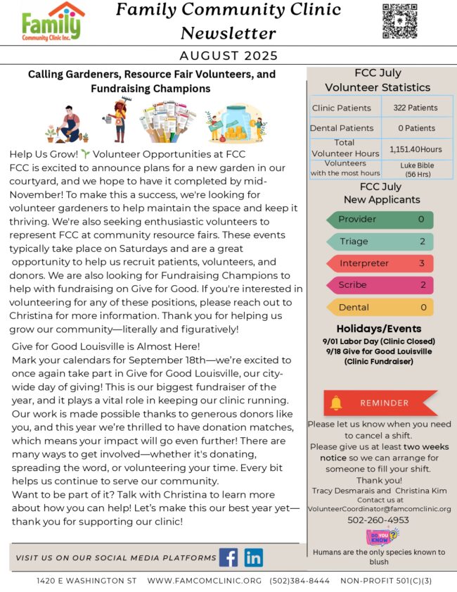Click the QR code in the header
tap(399, 21)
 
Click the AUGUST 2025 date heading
tap(228, 56)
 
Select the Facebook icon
tap(228, 558)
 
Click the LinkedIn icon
tap(254, 558)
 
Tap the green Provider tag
tap(380, 220)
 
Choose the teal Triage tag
tap(380, 241)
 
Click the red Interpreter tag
tap(380, 263)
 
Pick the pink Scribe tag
tap(380, 285)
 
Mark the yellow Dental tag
tap(380, 307)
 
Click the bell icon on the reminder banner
tap(336, 403)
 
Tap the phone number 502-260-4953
tap(379, 520)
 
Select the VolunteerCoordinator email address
tap(379, 508)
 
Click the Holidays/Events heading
tap(379, 329)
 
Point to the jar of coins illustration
tap(235, 125)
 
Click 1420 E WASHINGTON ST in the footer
tap(86, 581)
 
